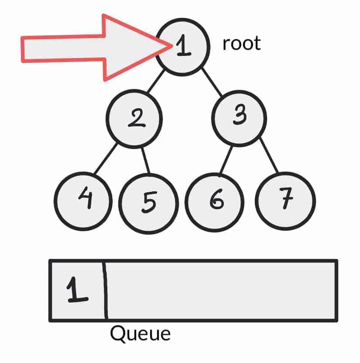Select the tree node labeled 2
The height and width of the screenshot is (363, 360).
click(x=134, y=118)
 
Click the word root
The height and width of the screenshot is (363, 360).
click(x=241, y=44)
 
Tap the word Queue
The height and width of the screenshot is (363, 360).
click(x=140, y=334)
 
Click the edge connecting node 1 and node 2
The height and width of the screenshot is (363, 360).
click(x=156, y=81)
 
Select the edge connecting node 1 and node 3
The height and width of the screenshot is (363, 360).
click(x=212, y=82)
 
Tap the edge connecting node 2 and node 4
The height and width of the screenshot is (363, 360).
click(x=106, y=158)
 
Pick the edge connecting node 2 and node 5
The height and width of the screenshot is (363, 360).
click(x=145, y=160)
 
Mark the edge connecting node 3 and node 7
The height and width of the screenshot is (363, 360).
click(x=270, y=156)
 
